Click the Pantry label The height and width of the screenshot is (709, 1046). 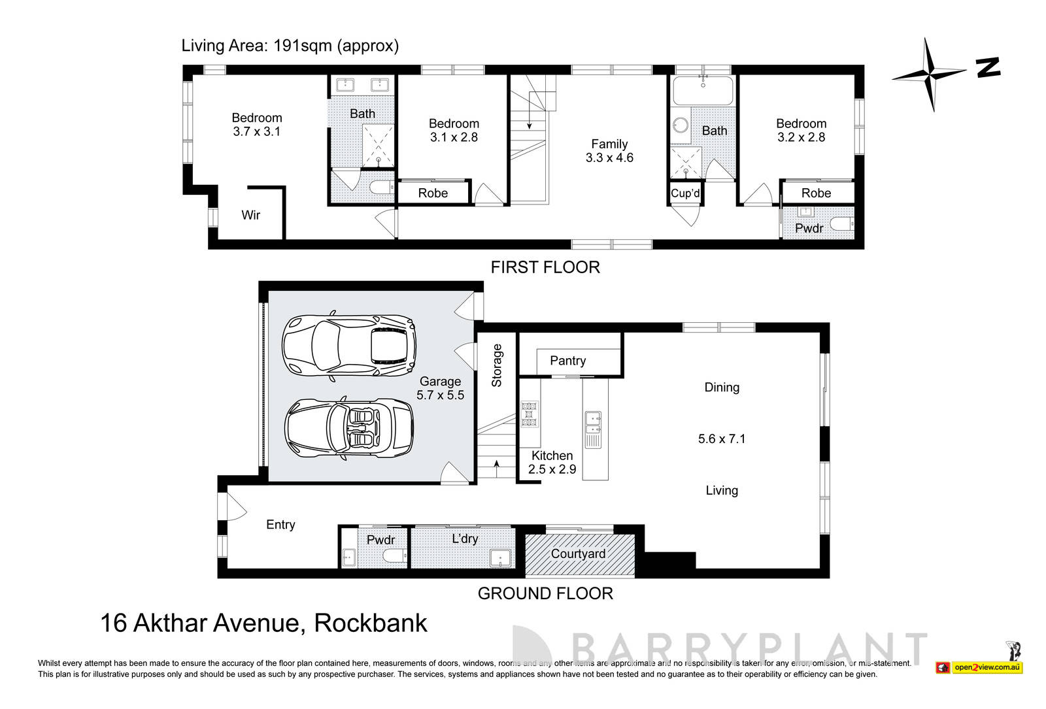(x=567, y=361)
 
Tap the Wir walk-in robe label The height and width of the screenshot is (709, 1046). (x=251, y=215)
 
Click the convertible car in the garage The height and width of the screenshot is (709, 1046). (x=350, y=429)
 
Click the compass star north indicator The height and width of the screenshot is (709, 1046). (x=929, y=74)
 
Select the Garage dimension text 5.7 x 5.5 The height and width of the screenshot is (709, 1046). (x=440, y=395)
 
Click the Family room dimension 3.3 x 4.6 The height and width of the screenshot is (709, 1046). (x=609, y=157)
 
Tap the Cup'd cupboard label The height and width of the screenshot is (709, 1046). (x=685, y=193)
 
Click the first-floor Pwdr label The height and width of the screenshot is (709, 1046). (x=809, y=228)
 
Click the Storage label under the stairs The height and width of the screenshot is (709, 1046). (x=496, y=365)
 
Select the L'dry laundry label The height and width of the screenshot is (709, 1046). (x=465, y=539)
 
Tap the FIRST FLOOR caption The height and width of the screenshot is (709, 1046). (x=545, y=267)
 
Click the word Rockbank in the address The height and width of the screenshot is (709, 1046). (x=371, y=623)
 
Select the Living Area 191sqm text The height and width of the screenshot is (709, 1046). (x=290, y=46)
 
